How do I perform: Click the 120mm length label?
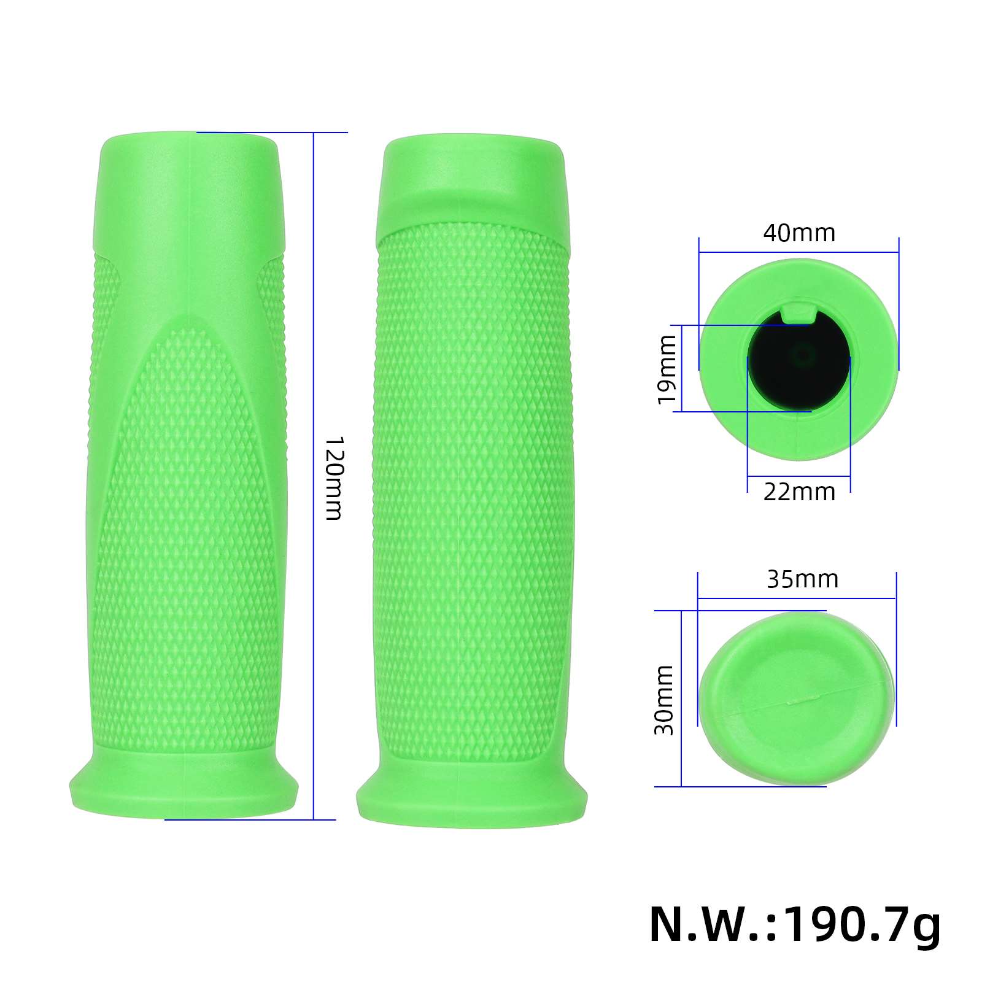click(333, 478)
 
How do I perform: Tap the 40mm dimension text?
click(799, 233)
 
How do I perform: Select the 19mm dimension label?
click(667, 369)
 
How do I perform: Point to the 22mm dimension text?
click(799, 492)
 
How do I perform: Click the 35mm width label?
click(802, 579)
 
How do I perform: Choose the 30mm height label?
click(664, 700)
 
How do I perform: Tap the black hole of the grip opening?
click(798, 368)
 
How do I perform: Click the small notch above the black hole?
click(798, 312)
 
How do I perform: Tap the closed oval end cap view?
click(797, 698)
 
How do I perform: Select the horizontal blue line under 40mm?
click(798, 252)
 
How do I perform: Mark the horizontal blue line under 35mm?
click(797, 598)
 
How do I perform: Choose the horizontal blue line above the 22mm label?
click(798, 477)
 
